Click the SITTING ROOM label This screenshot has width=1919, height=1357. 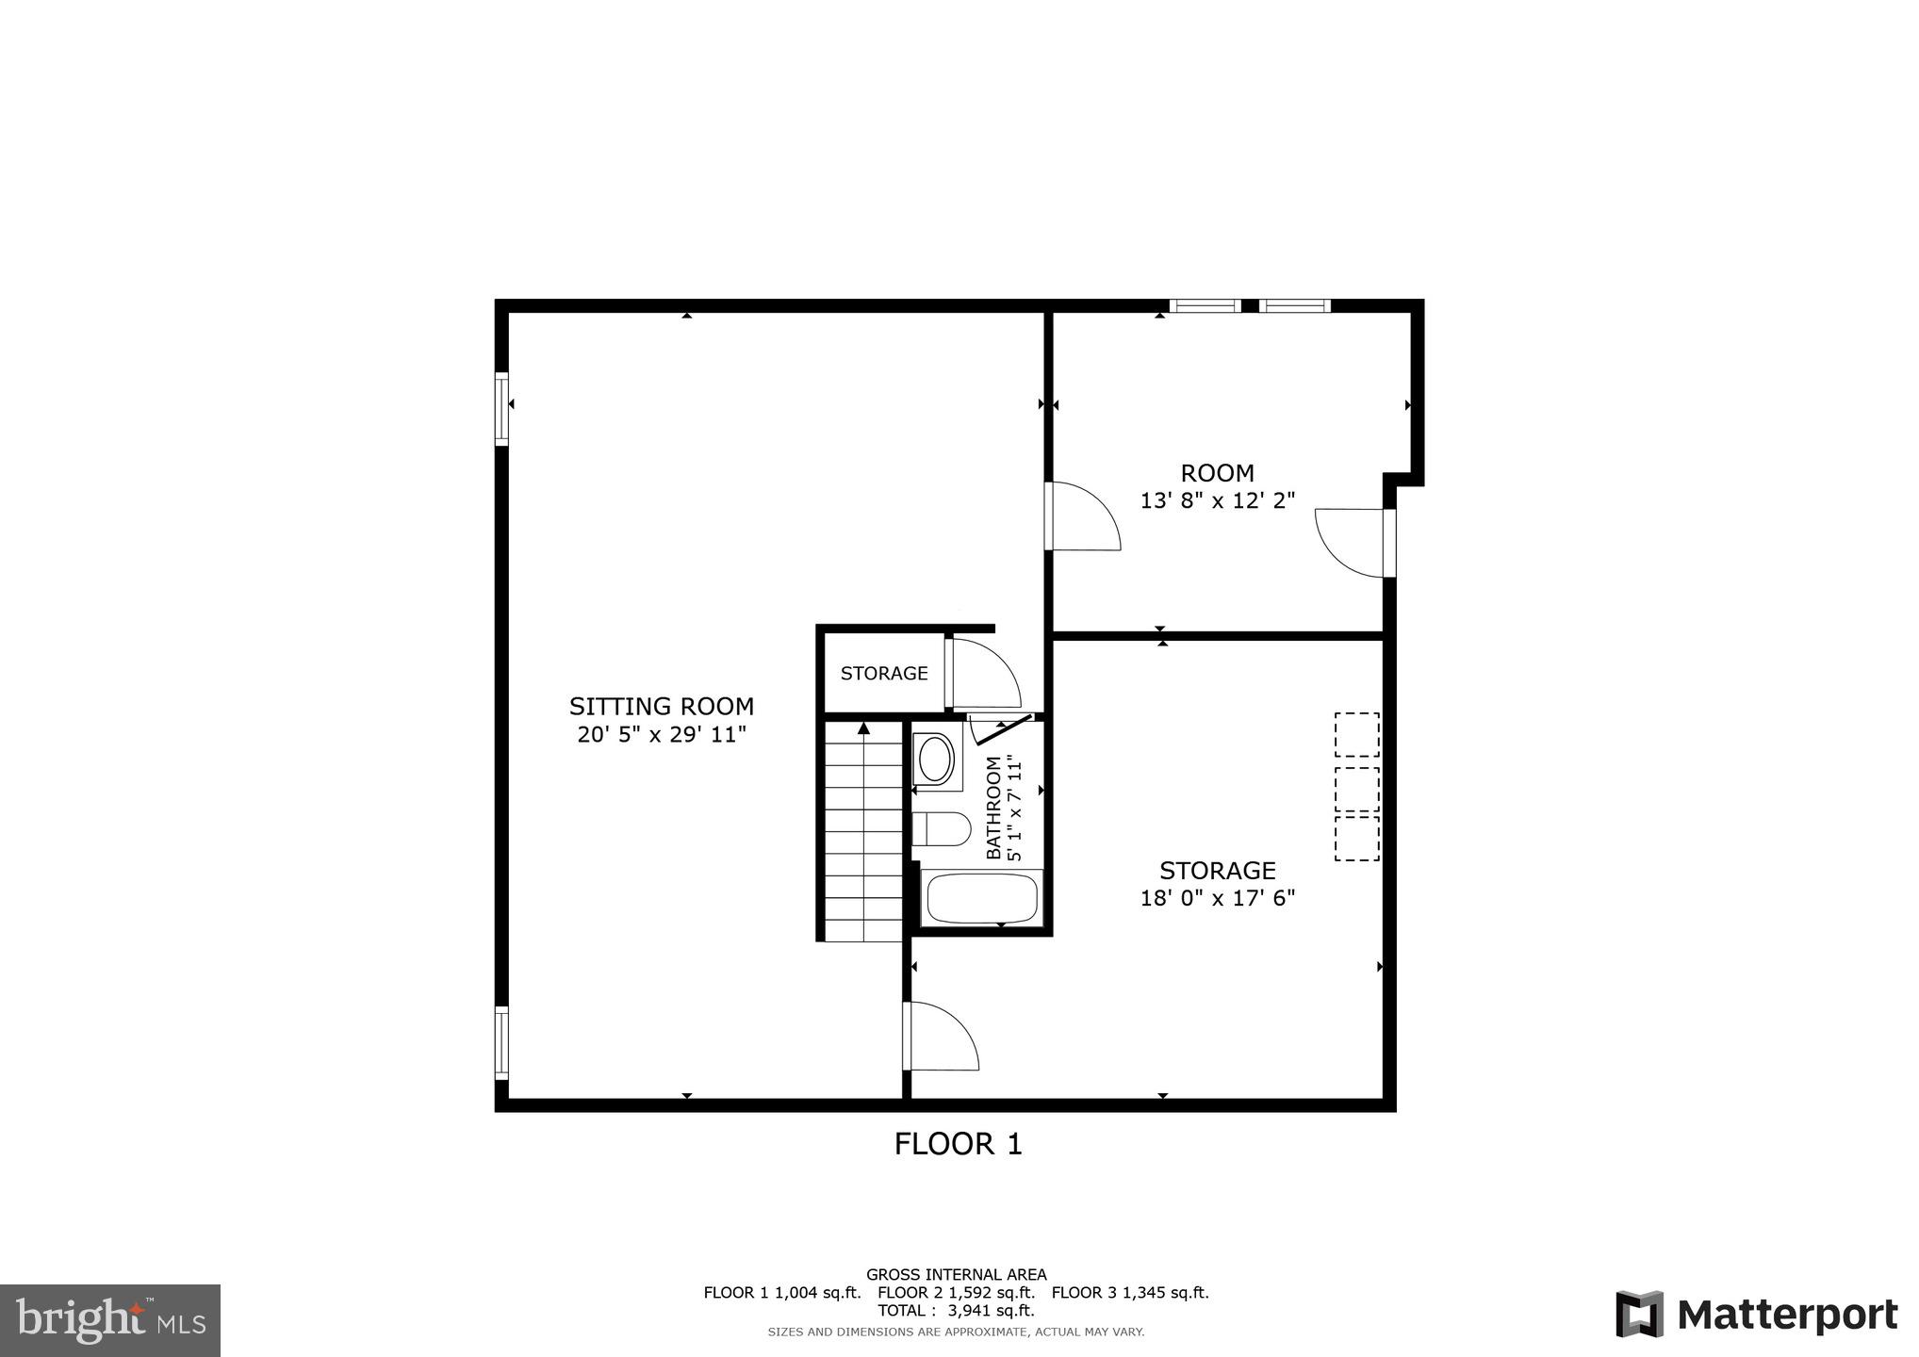pyautogui.click(x=662, y=706)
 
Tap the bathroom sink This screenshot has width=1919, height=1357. pyautogui.click(x=935, y=759)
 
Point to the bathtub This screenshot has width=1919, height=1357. pyautogui.click(x=982, y=898)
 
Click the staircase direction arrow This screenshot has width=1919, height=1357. pyautogui.click(x=863, y=728)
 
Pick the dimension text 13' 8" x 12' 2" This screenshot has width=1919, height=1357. pyautogui.click(x=1218, y=500)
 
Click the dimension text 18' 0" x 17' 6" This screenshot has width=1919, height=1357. pyautogui.click(x=1218, y=898)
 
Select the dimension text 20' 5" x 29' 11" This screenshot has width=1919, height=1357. pyautogui.click(x=662, y=734)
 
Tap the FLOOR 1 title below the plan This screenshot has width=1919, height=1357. pyautogui.click(x=958, y=1144)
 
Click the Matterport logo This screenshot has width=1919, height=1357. pyautogui.click(x=1757, y=1314)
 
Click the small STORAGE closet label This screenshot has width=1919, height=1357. pyautogui.click(x=884, y=673)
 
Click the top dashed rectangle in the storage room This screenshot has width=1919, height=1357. pyautogui.click(x=1357, y=734)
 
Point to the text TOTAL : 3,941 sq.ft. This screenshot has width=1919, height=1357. pyautogui.click(x=956, y=1310)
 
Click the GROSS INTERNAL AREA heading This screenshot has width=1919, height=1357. pyautogui.click(x=956, y=1275)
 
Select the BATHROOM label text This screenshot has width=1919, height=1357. pyautogui.click(x=993, y=809)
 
